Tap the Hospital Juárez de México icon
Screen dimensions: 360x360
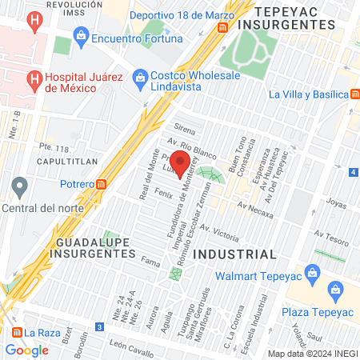(x=34, y=78)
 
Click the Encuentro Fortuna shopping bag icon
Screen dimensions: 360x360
(x=81, y=36)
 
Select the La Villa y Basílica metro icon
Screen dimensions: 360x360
(x=354, y=94)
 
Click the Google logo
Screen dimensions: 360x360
(x=26, y=350)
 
